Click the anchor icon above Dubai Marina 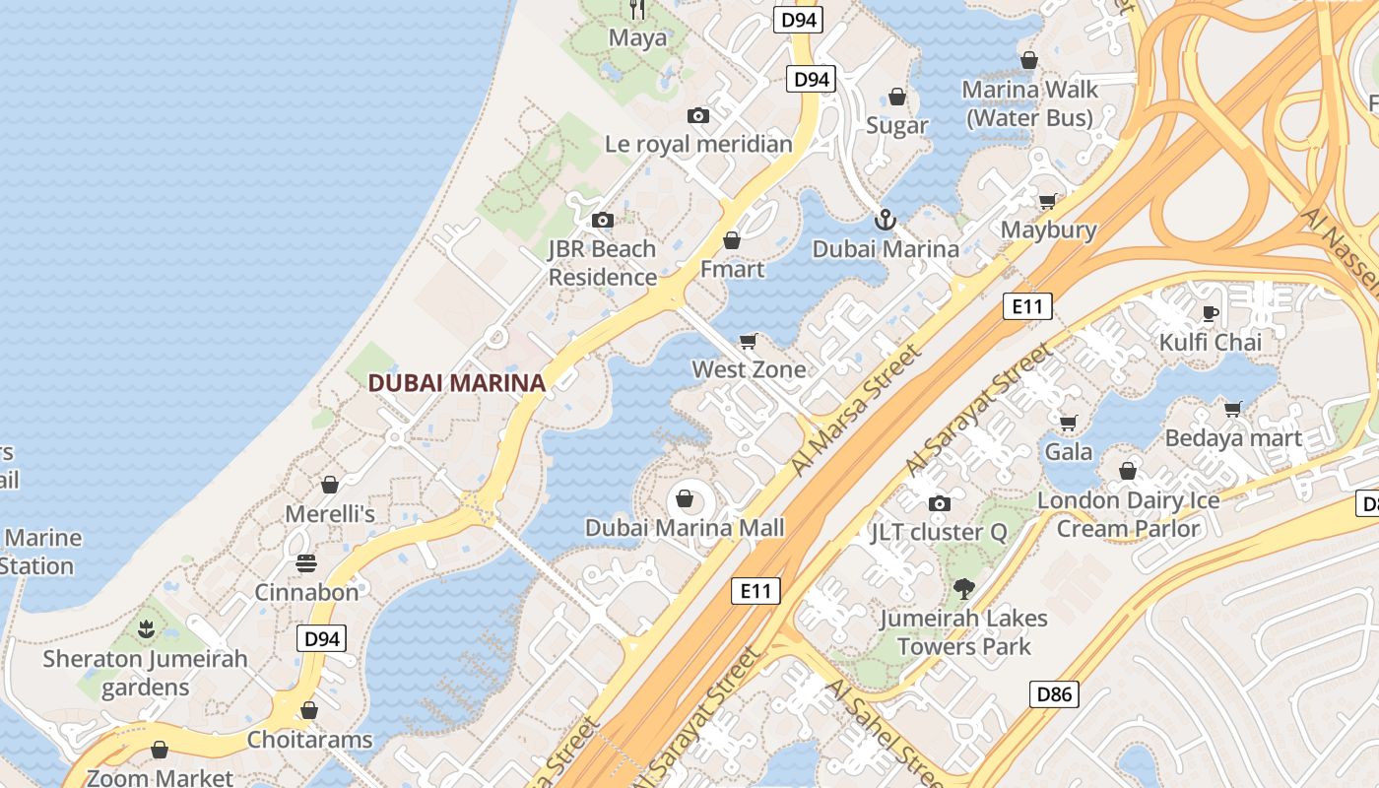[885, 219]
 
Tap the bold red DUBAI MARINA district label [456, 383]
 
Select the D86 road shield [1053, 694]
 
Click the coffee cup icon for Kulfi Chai [1211, 313]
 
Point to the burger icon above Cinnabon [306, 563]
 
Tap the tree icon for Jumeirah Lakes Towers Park [963, 589]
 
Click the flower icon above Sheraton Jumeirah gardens [146, 628]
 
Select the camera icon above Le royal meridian [698, 116]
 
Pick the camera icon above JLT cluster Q [939, 504]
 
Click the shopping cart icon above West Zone [749, 341]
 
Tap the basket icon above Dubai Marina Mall [685, 498]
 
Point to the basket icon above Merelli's [330, 485]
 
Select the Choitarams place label [309, 739]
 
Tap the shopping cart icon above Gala [1068, 423]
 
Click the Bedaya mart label [1233, 437]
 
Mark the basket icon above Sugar [896, 97]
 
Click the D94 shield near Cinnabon [322, 638]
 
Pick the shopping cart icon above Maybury [1048, 201]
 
